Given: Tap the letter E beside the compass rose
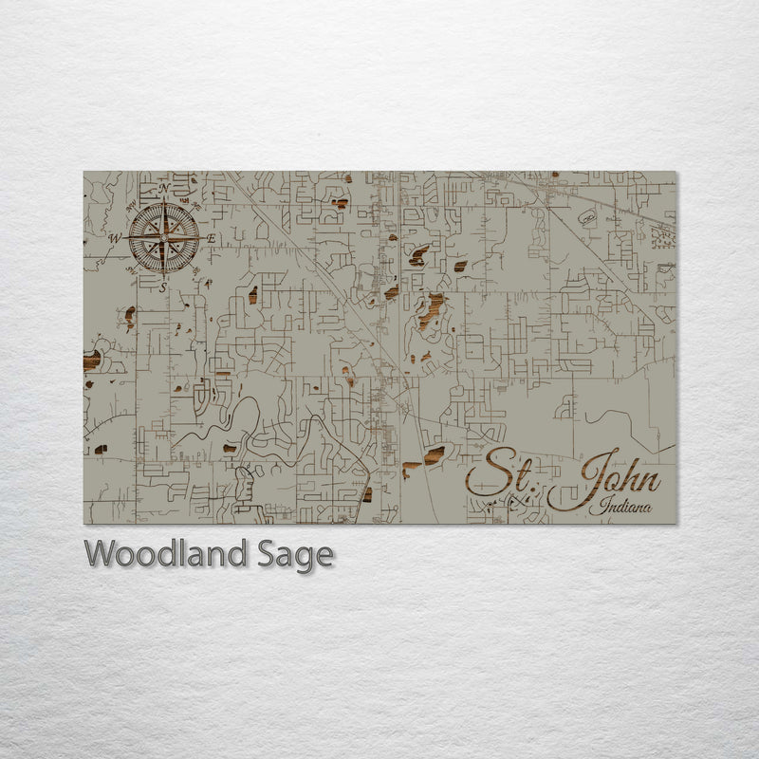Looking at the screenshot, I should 212,238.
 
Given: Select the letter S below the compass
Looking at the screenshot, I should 163,286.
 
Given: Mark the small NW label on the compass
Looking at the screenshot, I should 132,203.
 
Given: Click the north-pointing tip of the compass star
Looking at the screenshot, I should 164,203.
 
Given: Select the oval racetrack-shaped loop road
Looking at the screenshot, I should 585,218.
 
